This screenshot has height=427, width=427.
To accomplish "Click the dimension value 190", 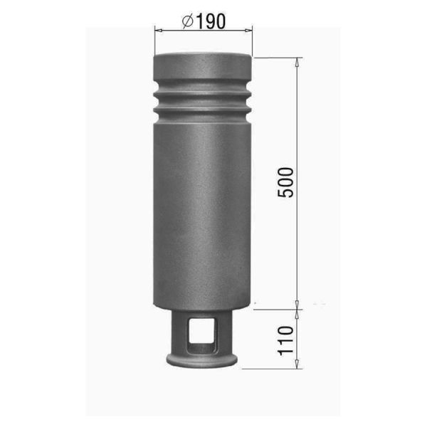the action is (211, 21).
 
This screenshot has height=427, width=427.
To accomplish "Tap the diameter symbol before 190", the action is (188, 21).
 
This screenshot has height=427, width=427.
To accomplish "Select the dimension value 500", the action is (285, 182).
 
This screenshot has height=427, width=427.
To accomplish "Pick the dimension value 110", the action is (285, 340).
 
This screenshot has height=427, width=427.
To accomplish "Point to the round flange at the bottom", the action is (202, 361).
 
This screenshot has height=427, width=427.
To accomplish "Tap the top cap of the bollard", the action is (203, 66).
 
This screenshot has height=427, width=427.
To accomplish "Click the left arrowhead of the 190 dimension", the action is (159, 30).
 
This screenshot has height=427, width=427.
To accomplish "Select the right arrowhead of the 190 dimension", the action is (248, 31).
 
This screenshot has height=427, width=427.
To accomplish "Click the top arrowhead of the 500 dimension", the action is (297, 62).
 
